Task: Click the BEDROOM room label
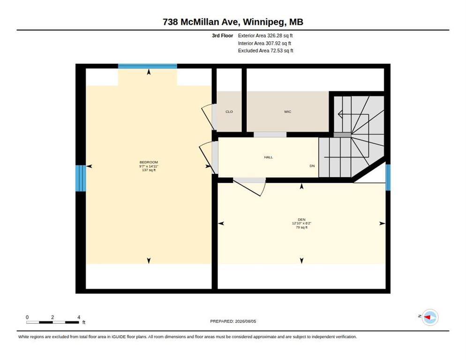[x=149, y=162]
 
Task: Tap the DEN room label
[x=301, y=220]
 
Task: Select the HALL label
[x=268, y=157]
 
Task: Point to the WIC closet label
[x=287, y=112]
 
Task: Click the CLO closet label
[x=229, y=112]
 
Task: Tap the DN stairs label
[x=312, y=166]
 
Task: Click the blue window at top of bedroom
[x=147, y=66]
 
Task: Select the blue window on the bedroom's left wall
[x=81, y=179]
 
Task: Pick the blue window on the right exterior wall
[x=388, y=177]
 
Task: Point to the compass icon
[x=430, y=317]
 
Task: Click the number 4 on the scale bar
[x=79, y=317]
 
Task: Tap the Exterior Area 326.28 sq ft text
[x=265, y=36]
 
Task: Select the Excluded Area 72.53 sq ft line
[x=265, y=51]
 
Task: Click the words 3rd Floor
[x=222, y=36]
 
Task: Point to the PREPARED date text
[x=233, y=322]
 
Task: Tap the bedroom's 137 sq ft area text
[x=149, y=170]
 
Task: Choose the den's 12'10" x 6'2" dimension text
[x=301, y=223]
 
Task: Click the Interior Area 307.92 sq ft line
[x=264, y=44]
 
